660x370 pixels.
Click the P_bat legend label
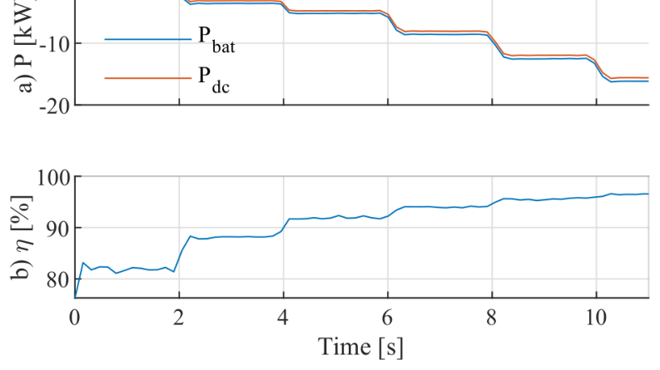[216, 40]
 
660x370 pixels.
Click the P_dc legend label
[214, 79]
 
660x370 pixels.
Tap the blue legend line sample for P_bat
[148, 40]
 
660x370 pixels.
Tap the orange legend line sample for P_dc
[148, 78]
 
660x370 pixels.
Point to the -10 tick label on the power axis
[55, 44]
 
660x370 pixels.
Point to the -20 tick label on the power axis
[55, 106]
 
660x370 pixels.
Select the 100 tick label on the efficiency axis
[53, 177]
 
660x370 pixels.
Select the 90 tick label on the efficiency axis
[58, 229]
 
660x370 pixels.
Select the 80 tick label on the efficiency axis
[58, 279]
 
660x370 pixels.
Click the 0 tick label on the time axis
[75, 318]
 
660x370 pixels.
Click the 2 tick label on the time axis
[179, 318]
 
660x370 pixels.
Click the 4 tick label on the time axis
[283, 318]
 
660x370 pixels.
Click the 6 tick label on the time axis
[388, 318]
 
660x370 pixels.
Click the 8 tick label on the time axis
[492, 318]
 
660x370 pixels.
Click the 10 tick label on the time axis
[597, 318]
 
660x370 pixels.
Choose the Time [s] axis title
[360, 348]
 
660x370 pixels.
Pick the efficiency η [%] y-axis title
[21, 238]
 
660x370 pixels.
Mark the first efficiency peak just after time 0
[83, 263]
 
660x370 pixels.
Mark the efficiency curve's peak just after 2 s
[191, 236]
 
